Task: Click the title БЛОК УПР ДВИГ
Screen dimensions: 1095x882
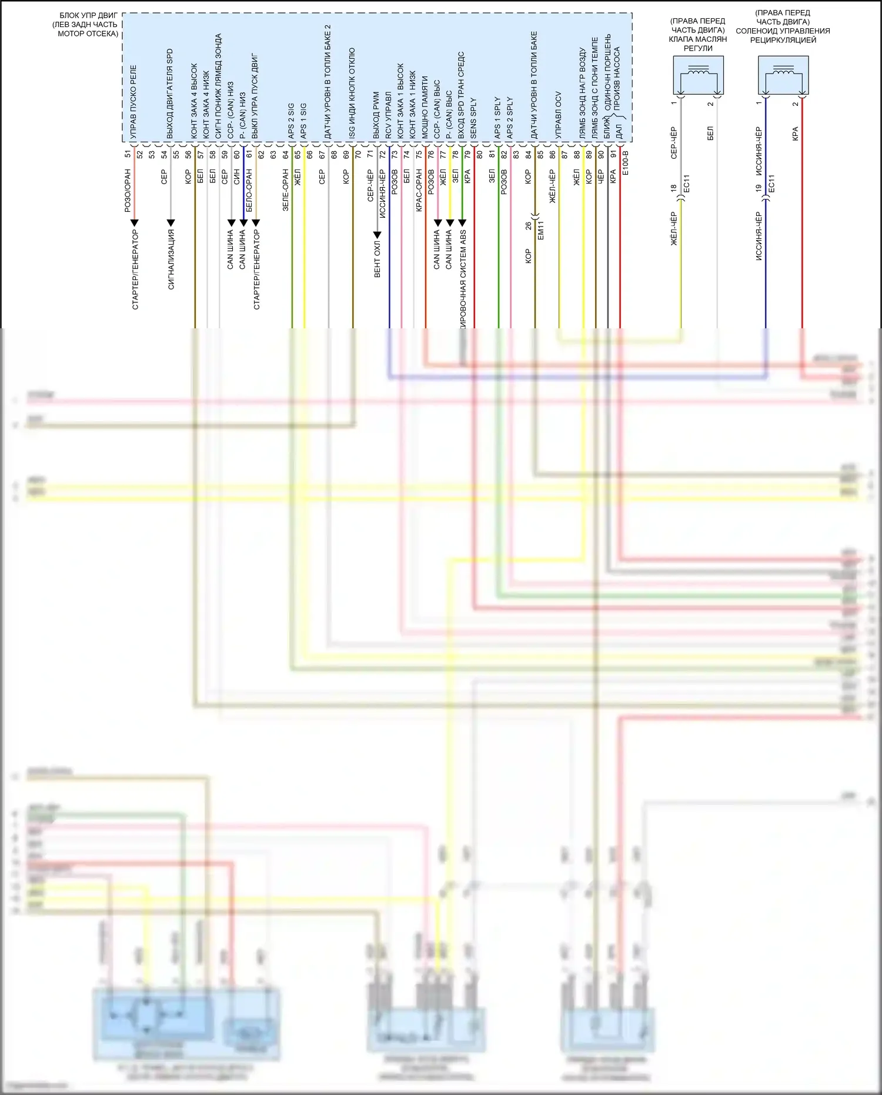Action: point(88,15)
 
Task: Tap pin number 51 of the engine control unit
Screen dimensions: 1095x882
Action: point(128,154)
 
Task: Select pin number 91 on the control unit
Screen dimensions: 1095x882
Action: point(613,154)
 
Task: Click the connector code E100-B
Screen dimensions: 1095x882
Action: point(626,163)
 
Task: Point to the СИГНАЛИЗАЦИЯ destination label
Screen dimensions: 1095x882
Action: point(171,259)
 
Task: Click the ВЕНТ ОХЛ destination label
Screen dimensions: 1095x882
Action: point(377,258)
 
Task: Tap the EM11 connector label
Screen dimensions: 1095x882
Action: point(541,230)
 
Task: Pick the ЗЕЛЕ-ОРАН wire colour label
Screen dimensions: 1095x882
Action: point(286,190)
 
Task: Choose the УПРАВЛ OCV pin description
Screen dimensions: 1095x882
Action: point(559,115)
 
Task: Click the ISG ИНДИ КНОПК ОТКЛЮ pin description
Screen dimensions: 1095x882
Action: point(352,94)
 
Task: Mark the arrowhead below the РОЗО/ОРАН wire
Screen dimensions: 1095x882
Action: point(135,223)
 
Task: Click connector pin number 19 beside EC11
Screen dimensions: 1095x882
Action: point(759,188)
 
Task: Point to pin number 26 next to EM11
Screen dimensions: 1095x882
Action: point(528,225)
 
